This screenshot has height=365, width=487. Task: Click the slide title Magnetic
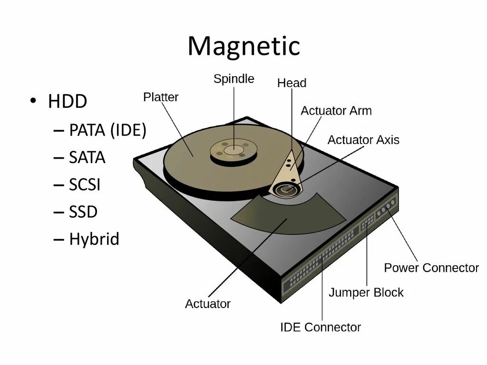point(243,47)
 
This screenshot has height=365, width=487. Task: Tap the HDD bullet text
point(68,102)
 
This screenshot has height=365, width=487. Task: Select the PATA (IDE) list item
point(107,130)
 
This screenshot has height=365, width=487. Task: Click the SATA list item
point(87,157)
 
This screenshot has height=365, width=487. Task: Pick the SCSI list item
point(85,184)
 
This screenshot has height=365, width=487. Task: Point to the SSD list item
point(83,212)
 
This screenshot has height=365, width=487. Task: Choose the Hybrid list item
point(94,239)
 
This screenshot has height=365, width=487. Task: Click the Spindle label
point(234,79)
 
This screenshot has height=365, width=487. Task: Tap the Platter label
point(161,97)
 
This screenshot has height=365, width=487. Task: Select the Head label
point(292,83)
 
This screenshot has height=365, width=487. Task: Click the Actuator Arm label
point(336,111)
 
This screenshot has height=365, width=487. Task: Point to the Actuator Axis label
point(363,140)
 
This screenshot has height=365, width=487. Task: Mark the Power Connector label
point(431,268)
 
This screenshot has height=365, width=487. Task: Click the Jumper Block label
point(366,293)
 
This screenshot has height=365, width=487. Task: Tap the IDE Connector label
point(320,327)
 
